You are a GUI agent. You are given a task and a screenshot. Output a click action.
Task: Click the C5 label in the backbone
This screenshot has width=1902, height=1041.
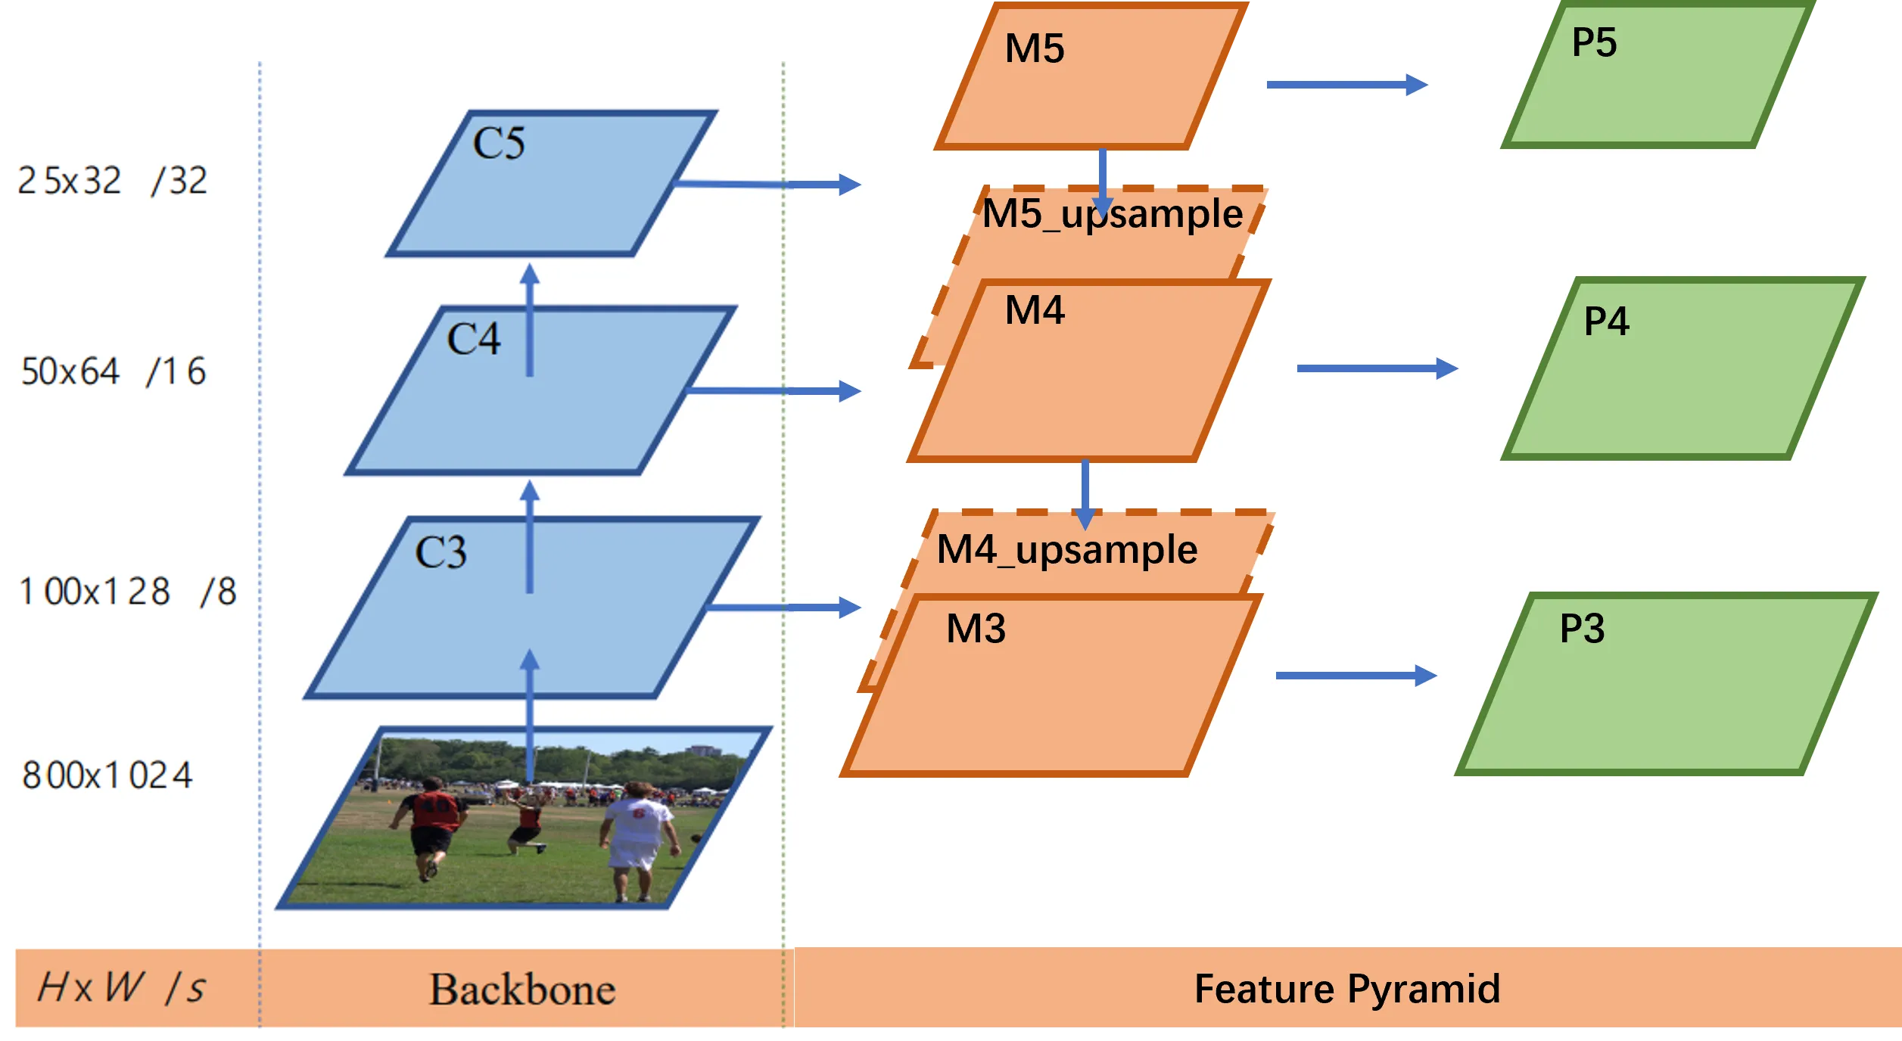(x=499, y=143)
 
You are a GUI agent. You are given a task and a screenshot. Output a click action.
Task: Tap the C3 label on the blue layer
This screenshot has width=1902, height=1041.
(x=441, y=552)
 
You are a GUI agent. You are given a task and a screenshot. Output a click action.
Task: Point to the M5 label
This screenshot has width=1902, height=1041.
(x=1035, y=48)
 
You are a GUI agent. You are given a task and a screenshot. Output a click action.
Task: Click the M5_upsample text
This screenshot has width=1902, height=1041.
(x=1113, y=213)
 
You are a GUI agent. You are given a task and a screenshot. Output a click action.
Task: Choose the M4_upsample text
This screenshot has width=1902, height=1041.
(x=1067, y=549)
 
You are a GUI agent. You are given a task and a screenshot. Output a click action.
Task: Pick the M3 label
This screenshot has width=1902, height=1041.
(x=976, y=629)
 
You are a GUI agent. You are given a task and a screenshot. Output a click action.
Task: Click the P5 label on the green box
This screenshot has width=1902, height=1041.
(x=1594, y=42)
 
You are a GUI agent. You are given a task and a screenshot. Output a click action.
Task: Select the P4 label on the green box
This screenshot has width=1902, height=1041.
(x=1606, y=322)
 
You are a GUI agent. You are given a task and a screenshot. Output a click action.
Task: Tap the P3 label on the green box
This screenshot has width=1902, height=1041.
(x=1582, y=629)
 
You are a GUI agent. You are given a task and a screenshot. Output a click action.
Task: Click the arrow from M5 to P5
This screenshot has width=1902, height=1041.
(x=1347, y=85)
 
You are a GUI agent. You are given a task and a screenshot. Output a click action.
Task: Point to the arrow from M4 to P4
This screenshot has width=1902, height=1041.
(x=1377, y=368)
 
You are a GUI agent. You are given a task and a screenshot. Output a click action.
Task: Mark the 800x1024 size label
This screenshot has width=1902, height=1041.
(x=107, y=775)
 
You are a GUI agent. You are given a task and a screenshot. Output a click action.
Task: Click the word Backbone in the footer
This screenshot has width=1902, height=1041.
(x=522, y=990)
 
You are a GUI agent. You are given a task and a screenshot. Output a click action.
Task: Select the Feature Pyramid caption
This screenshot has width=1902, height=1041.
(x=1347, y=989)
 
